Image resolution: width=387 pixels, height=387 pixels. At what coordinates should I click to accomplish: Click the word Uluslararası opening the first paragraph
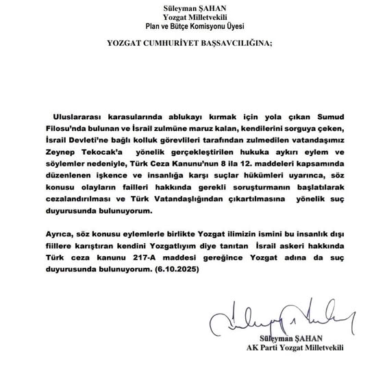click(x=79, y=112)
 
